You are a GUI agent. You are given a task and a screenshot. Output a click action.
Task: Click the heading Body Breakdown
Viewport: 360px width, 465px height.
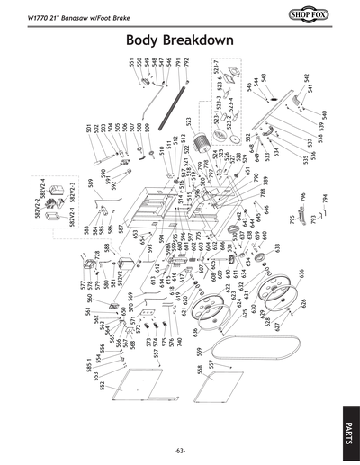pos(180,41)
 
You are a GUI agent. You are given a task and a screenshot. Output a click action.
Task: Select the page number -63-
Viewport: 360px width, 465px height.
pos(180,451)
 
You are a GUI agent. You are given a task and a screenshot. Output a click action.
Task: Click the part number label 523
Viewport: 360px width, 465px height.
pos(189,121)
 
